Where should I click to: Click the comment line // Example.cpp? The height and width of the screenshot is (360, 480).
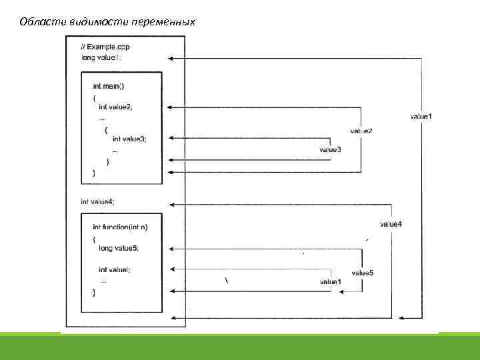(x=105, y=47)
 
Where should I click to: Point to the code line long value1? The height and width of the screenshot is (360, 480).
(x=101, y=57)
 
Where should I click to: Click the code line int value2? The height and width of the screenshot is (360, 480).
(x=116, y=107)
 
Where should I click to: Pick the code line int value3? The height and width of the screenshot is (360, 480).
(x=129, y=139)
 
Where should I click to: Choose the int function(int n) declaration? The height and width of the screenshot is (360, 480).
(x=121, y=227)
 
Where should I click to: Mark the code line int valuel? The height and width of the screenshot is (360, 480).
(x=115, y=270)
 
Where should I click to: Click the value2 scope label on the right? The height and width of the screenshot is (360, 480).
(x=361, y=131)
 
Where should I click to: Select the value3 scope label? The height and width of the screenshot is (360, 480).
(x=330, y=150)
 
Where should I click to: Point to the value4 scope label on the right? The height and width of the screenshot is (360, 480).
(x=391, y=223)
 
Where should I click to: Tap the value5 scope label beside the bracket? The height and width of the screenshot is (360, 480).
(x=362, y=273)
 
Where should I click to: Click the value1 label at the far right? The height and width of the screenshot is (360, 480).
(x=421, y=117)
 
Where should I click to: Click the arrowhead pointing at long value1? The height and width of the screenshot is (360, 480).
(x=171, y=59)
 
